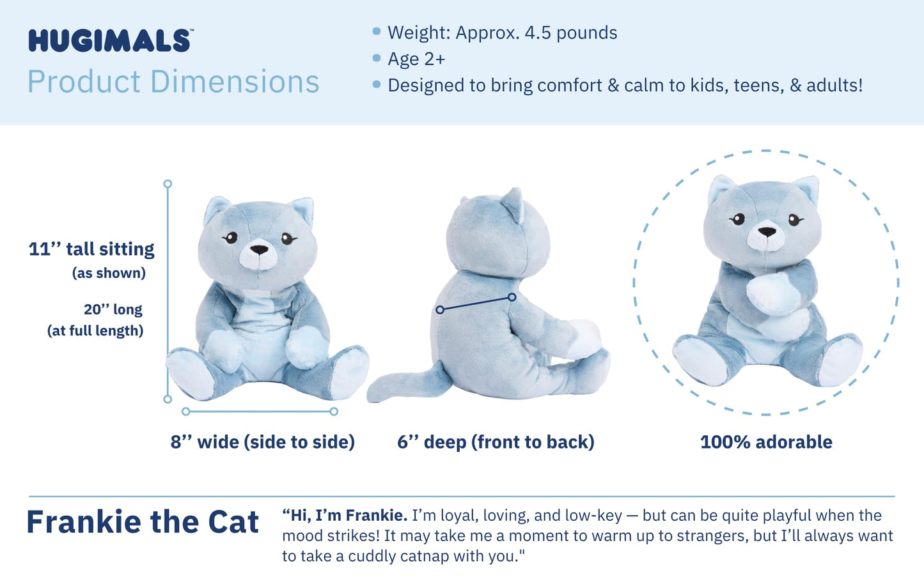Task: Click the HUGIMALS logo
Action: (109, 41)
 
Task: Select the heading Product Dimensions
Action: (173, 82)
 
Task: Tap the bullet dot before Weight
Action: (377, 31)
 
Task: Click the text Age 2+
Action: (416, 59)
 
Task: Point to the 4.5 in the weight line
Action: (538, 33)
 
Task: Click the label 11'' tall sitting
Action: (91, 249)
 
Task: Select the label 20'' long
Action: (113, 309)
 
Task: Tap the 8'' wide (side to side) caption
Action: (262, 442)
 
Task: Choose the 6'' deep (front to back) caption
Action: (496, 442)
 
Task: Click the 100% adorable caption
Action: (766, 442)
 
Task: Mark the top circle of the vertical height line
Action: (168, 184)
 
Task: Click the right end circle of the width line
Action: (334, 412)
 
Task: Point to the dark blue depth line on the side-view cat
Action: (476, 304)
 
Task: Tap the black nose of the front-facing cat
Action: (259, 249)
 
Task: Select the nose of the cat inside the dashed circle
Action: (767, 232)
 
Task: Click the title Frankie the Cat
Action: (143, 522)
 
